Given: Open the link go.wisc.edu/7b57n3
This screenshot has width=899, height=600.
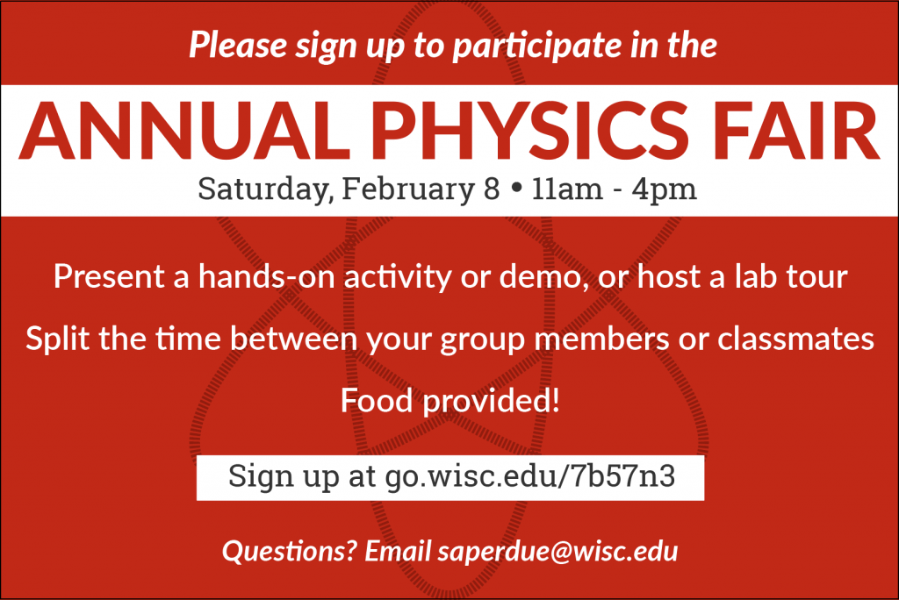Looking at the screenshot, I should (530, 478).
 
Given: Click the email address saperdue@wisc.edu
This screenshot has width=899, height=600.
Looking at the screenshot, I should (557, 553).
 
